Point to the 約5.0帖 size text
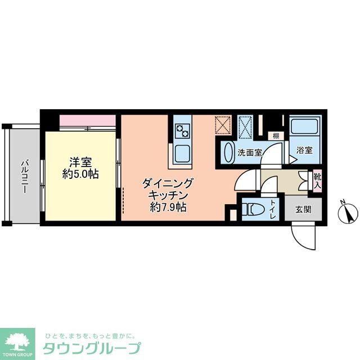[x=80, y=174]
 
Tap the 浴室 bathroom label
[x=305, y=151]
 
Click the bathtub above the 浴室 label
[x=305, y=129]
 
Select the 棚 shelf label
[x=276, y=136]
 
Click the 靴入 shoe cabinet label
[x=318, y=179]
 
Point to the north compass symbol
[x=347, y=213]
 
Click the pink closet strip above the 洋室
[x=87, y=120]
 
